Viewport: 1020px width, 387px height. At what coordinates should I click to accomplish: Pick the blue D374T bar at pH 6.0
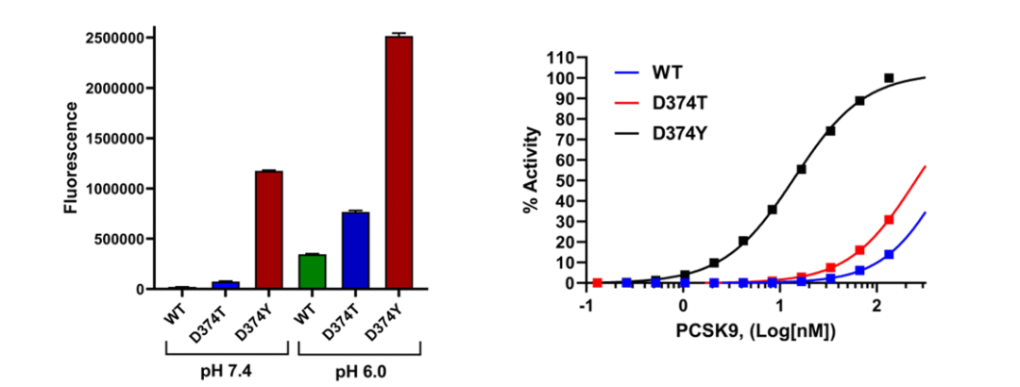356,250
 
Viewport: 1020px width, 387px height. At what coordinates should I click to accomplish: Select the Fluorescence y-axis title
71,163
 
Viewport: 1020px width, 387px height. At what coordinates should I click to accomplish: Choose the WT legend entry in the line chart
666,72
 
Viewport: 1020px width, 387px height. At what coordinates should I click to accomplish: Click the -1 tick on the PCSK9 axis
586,308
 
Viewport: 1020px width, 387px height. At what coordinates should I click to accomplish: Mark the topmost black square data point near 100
889,77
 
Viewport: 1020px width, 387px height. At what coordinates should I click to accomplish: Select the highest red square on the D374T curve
889,220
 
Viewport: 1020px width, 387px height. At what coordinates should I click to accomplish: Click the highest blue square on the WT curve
889,255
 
